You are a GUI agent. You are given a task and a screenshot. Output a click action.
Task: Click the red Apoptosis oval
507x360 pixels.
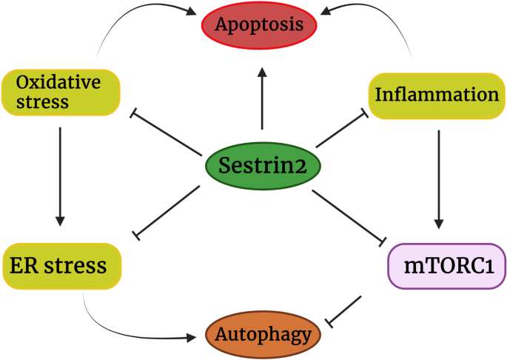point(260,25)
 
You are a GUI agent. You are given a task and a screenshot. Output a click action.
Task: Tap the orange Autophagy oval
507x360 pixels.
point(263,335)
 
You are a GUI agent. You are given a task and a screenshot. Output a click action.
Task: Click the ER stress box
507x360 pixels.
point(60,264)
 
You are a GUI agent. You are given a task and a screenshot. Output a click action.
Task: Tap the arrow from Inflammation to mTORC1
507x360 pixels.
point(440,177)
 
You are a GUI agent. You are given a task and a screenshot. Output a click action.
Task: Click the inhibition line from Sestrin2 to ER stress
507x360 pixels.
point(169,210)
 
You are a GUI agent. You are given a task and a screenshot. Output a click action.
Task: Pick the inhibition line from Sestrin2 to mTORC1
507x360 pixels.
point(349,216)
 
